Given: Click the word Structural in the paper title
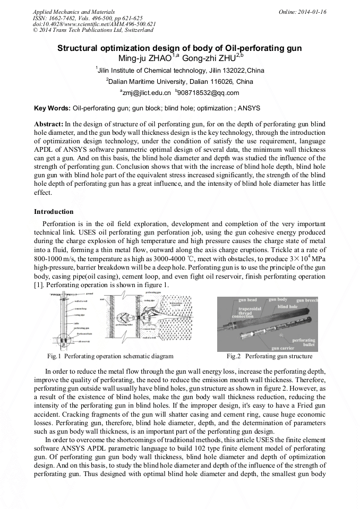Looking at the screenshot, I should click(78, 48).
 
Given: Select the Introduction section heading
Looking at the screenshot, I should click(54, 212).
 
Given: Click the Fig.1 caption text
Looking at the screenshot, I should click(110, 356).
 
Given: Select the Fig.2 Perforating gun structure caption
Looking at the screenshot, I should click(270, 356).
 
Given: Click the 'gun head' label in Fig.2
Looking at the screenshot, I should click(248, 300).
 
